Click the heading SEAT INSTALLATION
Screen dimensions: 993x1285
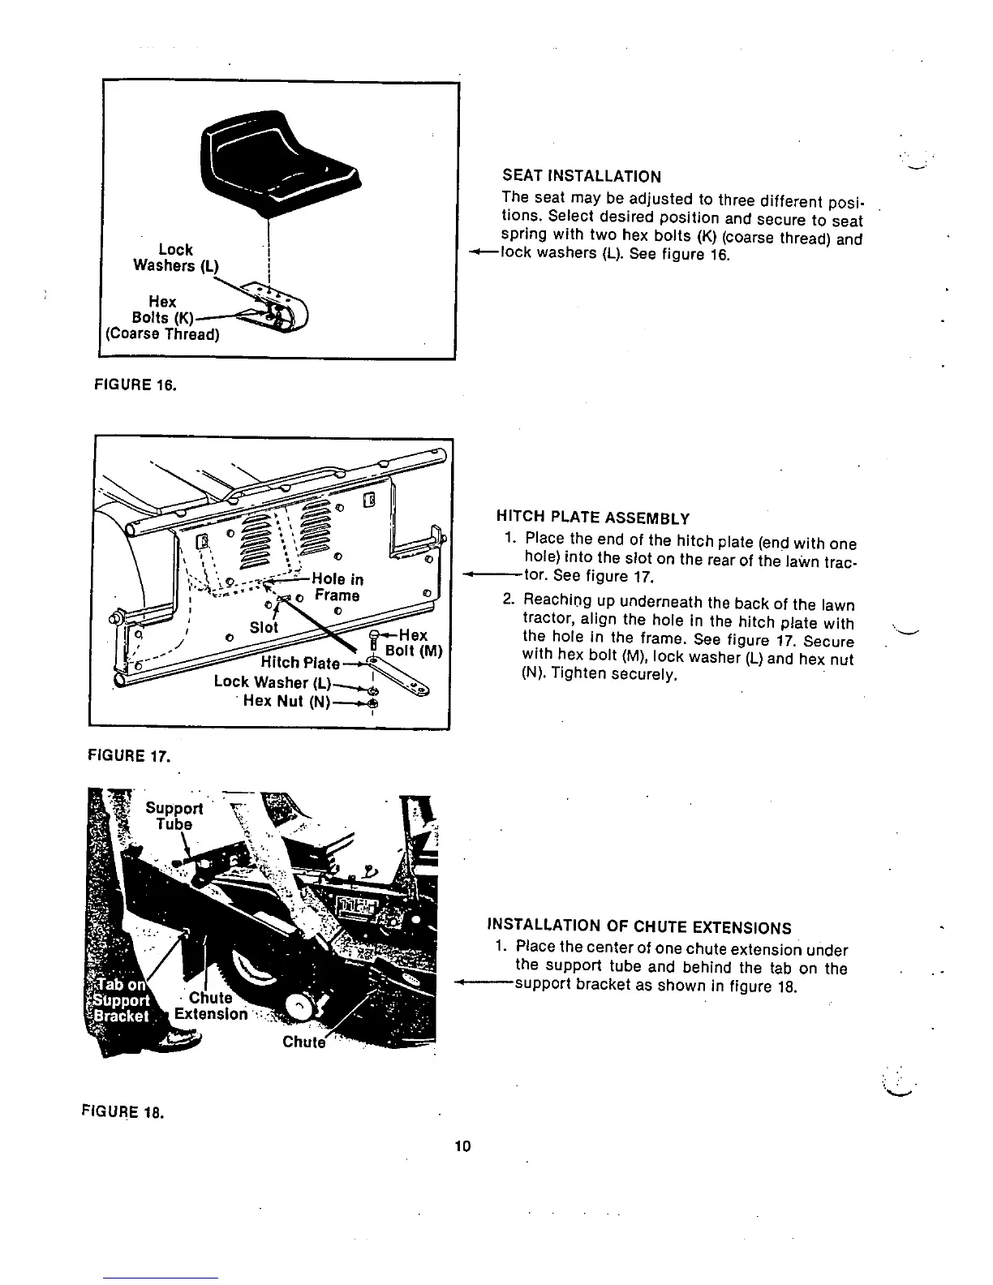582,176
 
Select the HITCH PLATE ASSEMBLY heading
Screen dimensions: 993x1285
592,518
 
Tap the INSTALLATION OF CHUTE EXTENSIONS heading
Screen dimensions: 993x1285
639,927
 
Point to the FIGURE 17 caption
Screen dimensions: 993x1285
127,756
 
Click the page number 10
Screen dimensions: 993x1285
463,1145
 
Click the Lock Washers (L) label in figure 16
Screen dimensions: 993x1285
175,258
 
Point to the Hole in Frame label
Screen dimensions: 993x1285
337,587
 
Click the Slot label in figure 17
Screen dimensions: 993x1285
264,627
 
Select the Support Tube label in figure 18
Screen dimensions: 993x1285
174,816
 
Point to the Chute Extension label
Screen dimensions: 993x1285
210,1006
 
